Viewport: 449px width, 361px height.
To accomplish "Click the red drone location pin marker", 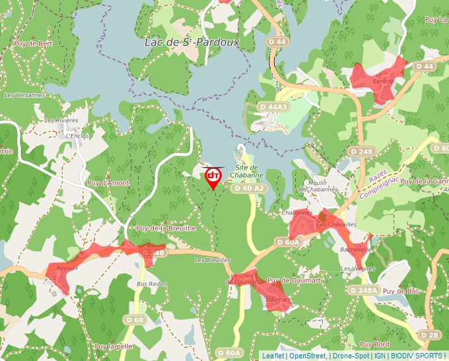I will pos(213,177).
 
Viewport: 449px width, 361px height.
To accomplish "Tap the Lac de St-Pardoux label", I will pos(191,42).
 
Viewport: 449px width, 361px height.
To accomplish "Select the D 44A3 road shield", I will pos(273,106).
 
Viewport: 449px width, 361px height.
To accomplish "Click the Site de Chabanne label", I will pos(247,172).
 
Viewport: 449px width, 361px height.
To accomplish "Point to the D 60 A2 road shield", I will pos(249,189).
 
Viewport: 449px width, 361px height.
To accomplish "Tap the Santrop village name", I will pos(383,82).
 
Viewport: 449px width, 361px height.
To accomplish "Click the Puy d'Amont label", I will pos(108,183).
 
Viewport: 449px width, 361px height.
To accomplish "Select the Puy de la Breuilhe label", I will pos(166,228).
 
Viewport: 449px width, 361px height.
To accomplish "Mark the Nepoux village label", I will pos(67,267).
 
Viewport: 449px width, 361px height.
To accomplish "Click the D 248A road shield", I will pos(363,290).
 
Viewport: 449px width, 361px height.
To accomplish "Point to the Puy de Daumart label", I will pos(294,280).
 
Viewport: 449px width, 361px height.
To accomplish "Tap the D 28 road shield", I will pos(429,335).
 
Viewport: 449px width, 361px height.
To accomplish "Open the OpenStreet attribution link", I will pos(308,356).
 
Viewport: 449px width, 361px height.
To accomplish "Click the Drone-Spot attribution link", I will pos(351,356).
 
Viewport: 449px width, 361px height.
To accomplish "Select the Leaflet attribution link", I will pos(273,356).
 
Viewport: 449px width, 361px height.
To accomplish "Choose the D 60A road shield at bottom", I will pos(229,353).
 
